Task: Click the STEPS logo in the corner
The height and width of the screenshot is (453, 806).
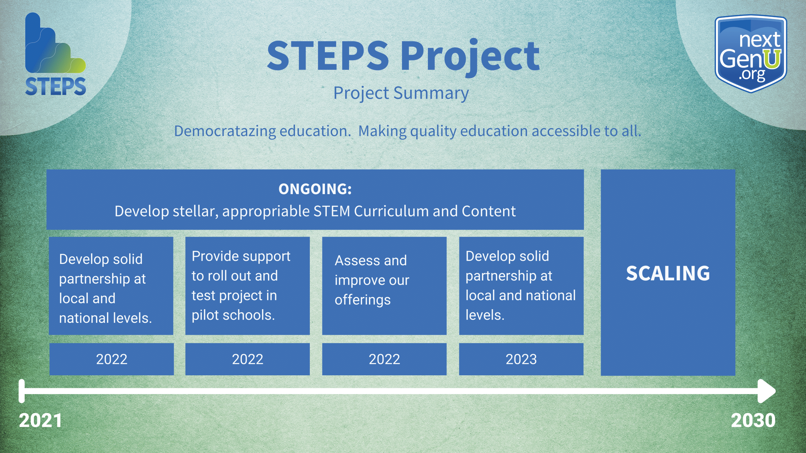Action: [x=55, y=54]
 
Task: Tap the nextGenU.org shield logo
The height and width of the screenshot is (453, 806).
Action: [x=751, y=54]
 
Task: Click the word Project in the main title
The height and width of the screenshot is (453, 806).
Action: [x=470, y=57]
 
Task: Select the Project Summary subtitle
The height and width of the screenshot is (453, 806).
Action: [x=401, y=93]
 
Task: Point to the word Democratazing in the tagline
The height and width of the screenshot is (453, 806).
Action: [x=225, y=131]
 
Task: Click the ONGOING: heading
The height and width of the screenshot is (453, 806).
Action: [x=315, y=189]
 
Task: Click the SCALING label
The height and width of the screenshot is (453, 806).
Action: [x=668, y=273]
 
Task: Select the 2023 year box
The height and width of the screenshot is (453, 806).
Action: [x=521, y=359]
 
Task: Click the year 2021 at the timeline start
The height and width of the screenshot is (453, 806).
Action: [x=40, y=420]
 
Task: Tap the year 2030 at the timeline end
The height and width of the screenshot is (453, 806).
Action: [x=753, y=420]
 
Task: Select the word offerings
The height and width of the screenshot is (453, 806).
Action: [x=363, y=300]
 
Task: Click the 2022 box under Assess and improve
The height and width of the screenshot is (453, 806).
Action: [x=384, y=359]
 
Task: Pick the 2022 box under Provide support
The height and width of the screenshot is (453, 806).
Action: [x=247, y=359]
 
